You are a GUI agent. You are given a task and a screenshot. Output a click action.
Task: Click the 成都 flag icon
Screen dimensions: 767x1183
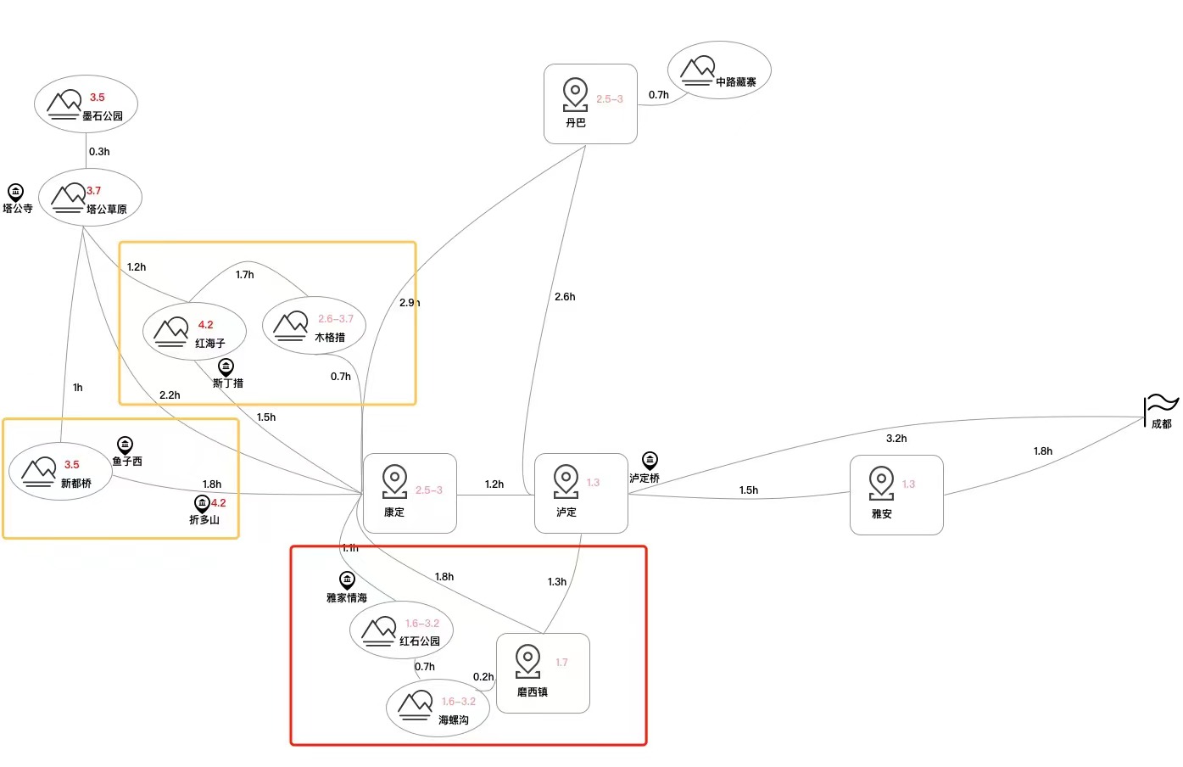[1159, 406]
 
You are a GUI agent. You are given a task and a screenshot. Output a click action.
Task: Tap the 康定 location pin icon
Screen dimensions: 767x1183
[394, 481]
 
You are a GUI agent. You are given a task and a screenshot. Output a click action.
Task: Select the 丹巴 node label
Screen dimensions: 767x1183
[576, 123]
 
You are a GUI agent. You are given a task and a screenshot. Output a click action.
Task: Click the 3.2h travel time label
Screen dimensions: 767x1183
[896, 439]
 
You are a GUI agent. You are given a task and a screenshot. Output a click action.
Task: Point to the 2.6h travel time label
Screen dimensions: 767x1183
[565, 297]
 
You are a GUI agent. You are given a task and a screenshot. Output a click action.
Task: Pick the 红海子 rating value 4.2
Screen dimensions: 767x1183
[206, 325]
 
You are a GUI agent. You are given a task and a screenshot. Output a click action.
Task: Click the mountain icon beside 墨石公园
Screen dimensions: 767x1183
[64, 104]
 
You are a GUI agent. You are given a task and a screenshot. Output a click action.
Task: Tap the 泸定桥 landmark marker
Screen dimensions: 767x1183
[650, 461]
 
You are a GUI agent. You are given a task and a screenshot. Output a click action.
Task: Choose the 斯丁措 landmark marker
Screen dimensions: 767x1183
[226, 367]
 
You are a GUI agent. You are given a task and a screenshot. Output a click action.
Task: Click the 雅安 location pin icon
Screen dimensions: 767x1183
[881, 483]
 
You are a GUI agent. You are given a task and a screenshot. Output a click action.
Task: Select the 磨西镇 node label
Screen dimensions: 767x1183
[533, 692]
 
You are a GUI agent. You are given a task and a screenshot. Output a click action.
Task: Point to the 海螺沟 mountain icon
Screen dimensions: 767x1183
[416, 705]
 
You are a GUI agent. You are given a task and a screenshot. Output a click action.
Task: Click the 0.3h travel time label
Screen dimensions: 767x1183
[99, 152]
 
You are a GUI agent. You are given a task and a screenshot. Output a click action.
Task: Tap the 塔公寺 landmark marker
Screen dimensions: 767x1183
[15, 193]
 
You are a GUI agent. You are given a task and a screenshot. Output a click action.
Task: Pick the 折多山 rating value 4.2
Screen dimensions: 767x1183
[219, 503]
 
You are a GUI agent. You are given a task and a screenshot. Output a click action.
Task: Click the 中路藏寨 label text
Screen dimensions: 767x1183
[736, 82]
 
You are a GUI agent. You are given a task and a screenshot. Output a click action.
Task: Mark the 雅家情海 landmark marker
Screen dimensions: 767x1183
[347, 580]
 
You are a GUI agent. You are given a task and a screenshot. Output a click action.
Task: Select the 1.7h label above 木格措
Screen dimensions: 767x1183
[245, 275]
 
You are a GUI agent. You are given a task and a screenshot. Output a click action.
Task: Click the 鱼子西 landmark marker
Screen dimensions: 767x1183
[125, 445]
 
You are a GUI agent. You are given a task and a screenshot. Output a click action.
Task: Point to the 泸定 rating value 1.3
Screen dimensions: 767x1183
[593, 483]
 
